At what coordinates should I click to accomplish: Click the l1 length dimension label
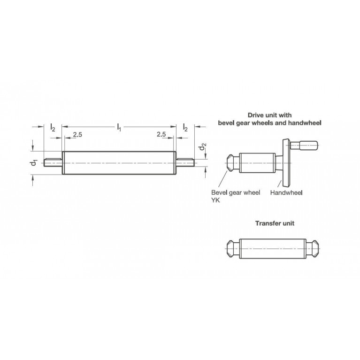[119, 127]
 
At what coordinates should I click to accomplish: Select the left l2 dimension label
[53, 127]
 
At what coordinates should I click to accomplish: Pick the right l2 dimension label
[185, 127]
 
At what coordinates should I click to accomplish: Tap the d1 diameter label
[34, 163]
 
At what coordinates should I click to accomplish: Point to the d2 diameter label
[202, 146]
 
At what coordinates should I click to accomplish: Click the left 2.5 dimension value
[77, 135]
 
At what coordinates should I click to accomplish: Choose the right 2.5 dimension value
[161, 134]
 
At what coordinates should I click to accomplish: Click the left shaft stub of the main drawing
[53, 162]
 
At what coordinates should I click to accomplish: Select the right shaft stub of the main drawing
[185, 162]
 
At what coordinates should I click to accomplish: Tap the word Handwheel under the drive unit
[286, 192]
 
